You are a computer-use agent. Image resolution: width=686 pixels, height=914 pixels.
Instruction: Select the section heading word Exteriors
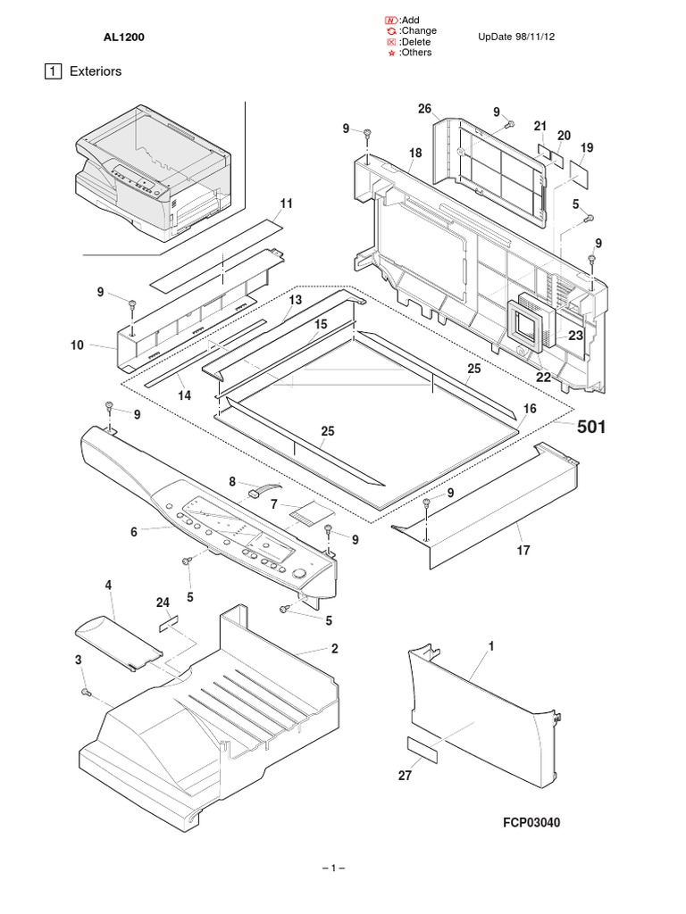coord(96,71)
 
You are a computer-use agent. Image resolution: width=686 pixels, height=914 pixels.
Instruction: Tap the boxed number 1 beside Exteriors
coord(54,71)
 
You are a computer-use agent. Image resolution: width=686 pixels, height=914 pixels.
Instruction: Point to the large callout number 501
coord(590,428)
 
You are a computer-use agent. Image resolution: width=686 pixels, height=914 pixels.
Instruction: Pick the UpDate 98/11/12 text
coord(523,37)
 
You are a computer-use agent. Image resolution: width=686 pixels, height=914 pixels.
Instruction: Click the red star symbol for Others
coord(390,54)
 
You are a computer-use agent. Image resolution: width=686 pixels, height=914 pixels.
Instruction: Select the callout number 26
coord(424,109)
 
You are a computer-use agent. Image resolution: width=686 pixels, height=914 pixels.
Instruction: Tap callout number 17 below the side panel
coord(523,551)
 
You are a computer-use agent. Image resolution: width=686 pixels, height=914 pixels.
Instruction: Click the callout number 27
coord(405,776)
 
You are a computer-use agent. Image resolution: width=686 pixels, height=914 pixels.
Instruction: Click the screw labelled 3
coord(86,693)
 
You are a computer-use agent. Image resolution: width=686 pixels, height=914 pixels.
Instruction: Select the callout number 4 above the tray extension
coord(108,586)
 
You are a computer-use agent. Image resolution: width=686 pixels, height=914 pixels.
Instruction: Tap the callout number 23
coord(575,337)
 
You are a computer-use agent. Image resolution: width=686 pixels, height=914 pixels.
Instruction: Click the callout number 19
coord(586,146)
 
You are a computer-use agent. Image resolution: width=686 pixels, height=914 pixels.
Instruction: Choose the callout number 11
coord(286,204)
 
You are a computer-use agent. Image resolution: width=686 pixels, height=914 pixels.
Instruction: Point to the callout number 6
coord(134,532)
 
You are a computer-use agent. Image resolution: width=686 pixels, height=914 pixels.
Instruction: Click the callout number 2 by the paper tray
coord(334,648)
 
